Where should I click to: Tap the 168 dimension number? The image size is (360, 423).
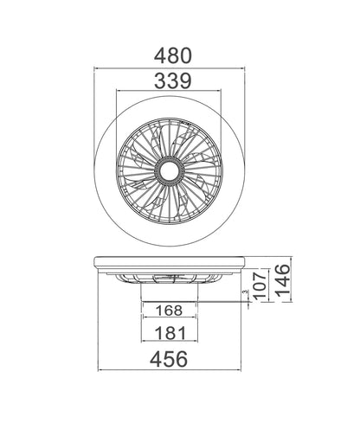(x=169, y=310)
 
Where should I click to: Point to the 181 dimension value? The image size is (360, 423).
(x=169, y=332)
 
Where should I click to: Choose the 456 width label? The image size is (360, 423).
(x=169, y=358)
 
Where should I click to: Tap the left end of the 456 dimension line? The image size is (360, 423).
(x=97, y=371)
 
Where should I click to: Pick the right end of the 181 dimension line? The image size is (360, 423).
(x=197, y=343)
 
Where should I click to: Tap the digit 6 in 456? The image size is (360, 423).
(x=183, y=358)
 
